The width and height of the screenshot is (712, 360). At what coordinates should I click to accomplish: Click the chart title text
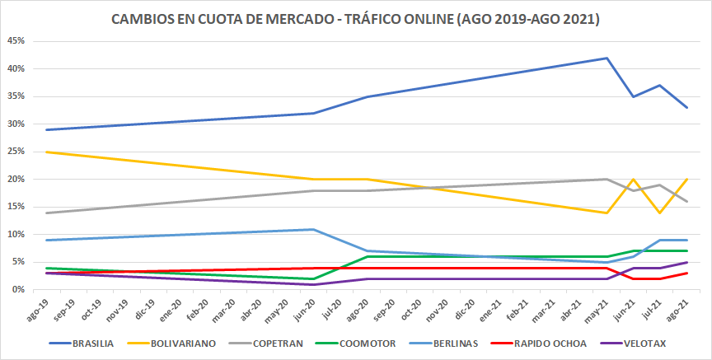pos(355,18)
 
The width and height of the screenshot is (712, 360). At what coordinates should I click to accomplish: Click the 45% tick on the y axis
pos(14,41)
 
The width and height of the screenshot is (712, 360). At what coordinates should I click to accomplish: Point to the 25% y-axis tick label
pos(14,152)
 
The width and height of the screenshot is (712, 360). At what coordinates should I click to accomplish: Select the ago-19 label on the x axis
pos(37,306)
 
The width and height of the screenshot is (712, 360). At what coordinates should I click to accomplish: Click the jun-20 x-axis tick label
pos(304,306)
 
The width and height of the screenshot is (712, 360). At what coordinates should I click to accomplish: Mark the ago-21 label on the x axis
pos(678,306)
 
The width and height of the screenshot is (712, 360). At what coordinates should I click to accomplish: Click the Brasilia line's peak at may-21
pos(607,58)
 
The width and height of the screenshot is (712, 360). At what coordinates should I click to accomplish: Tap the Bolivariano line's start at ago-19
pos(46,152)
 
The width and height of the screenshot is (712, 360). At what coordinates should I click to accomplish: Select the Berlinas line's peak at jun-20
pos(313,229)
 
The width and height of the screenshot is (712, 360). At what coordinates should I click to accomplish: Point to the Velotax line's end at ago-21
pos(687,263)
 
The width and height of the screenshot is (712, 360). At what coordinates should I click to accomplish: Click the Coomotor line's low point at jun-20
pos(313,278)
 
